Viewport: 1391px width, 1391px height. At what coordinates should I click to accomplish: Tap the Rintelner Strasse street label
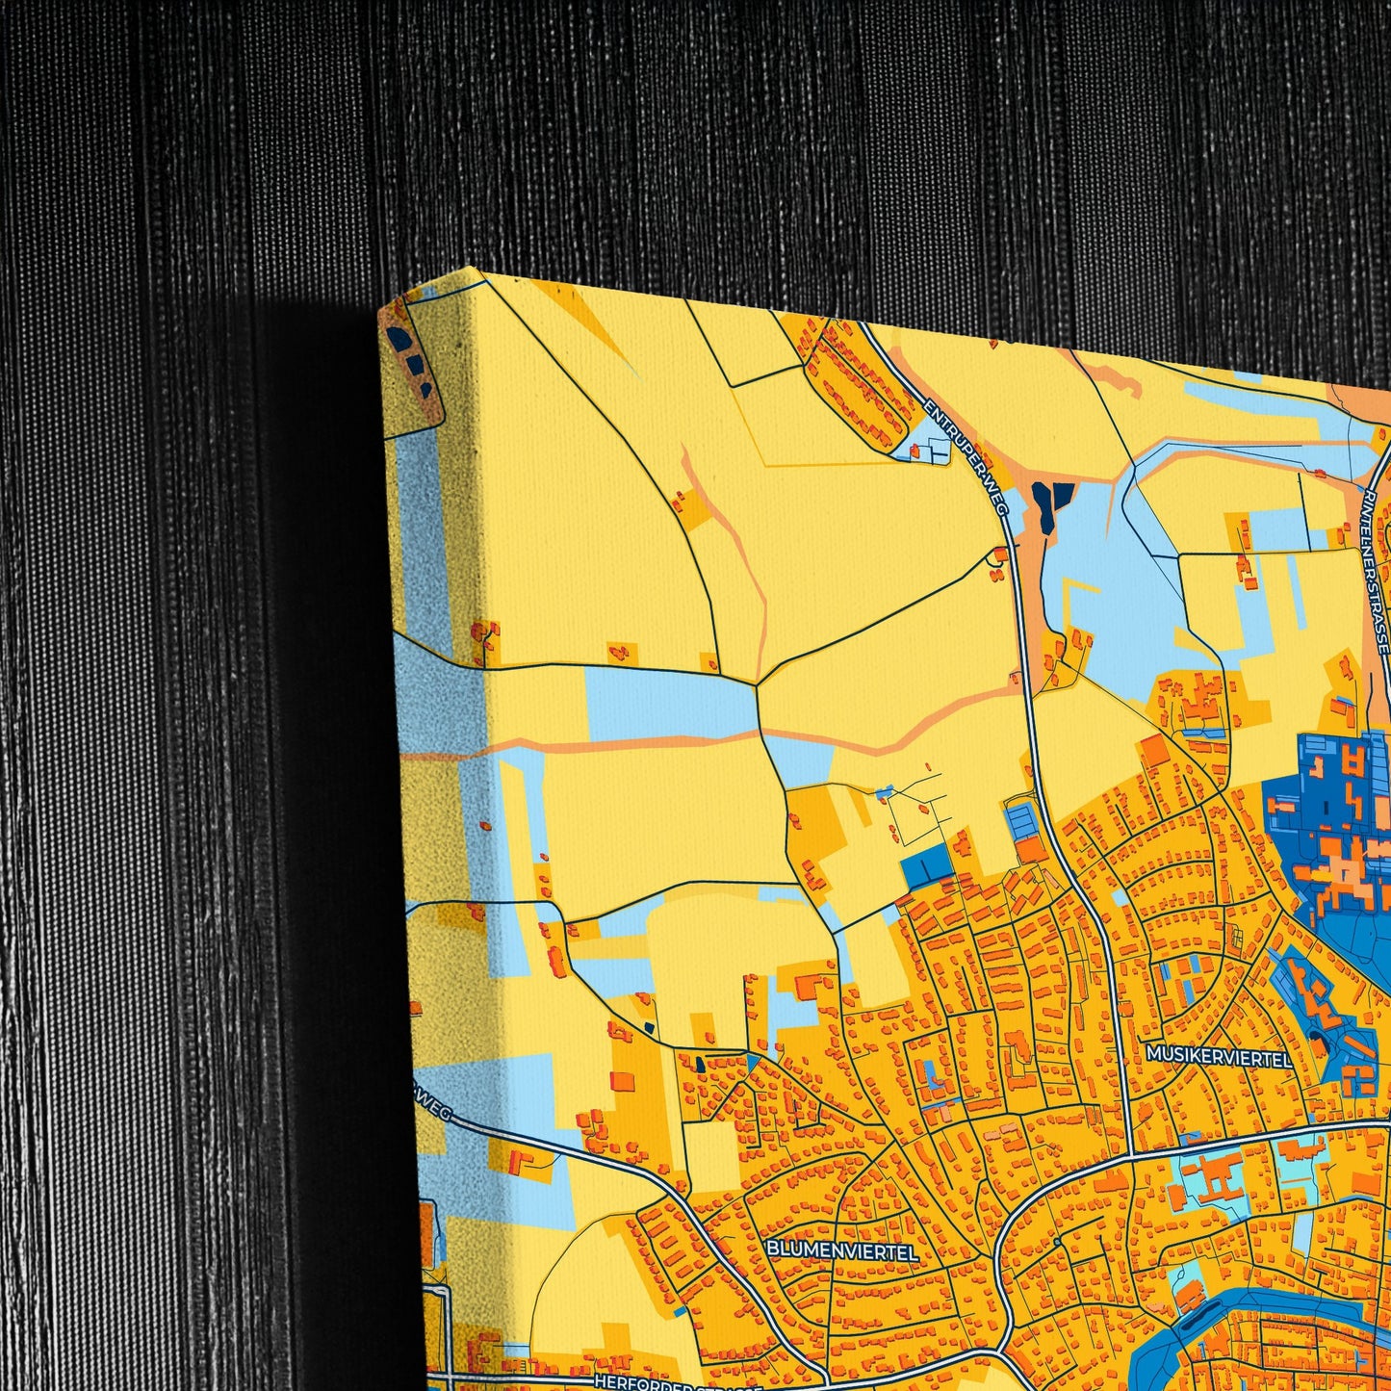coord(1377,568)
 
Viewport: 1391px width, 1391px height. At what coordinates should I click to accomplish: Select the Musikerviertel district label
coord(1218,1056)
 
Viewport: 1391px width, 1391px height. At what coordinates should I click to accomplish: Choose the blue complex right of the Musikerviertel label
coord(1338,1011)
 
